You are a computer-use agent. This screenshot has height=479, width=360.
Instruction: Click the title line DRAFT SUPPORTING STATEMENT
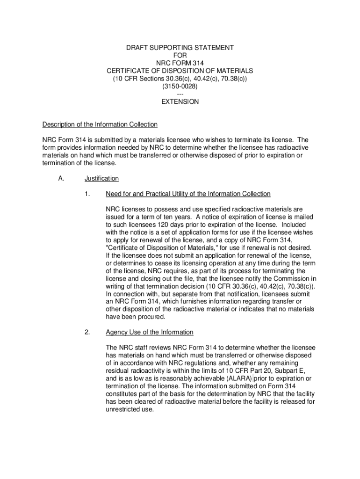pos(180,48)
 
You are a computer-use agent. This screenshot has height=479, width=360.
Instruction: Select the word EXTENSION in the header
pos(180,102)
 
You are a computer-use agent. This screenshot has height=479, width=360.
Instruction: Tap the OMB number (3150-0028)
pos(180,87)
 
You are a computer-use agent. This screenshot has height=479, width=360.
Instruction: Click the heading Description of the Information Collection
pos(100,124)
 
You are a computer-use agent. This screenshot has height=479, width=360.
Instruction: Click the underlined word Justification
pos(101,178)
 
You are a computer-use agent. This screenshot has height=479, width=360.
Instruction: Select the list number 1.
pos(87,194)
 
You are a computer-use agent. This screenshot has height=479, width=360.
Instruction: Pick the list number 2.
pos(87,332)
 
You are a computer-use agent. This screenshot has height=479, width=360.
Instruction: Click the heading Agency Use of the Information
pos(150,332)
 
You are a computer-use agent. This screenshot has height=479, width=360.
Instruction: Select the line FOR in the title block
pos(180,55)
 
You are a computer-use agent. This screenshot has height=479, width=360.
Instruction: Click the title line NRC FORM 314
pos(180,63)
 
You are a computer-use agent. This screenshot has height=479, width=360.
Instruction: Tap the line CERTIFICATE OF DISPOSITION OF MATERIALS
pos(180,71)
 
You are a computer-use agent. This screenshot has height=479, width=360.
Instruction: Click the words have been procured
pos(136,317)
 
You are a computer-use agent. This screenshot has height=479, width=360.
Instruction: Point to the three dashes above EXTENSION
pos(180,94)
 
